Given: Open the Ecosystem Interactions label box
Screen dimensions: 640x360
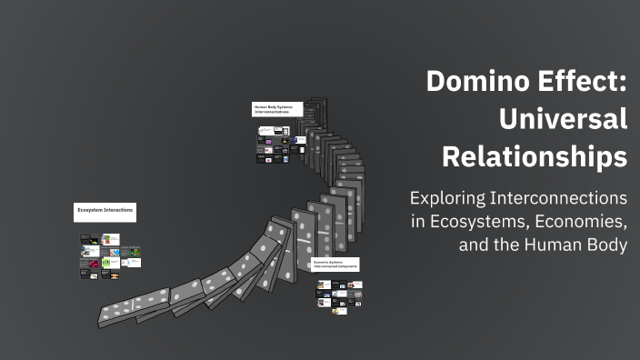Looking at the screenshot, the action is tap(105, 211).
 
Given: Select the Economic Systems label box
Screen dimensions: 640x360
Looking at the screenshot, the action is tap(335, 264).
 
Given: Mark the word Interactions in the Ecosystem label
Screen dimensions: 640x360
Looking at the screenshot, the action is tap(120, 211).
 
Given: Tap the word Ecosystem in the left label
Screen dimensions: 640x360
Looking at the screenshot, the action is tap(92, 211).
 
